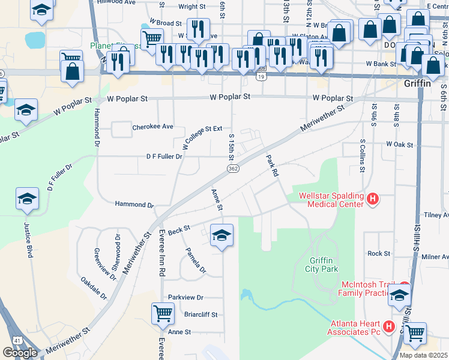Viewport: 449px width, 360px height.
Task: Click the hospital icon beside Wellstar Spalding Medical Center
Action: (x=372, y=199)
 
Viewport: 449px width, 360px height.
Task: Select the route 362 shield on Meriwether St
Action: (x=234, y=169)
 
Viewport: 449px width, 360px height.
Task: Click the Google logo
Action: (x=20, y=353)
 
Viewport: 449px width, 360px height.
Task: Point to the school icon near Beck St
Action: (x=221, y=235)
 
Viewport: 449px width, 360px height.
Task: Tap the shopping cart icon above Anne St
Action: (x=163, y=313)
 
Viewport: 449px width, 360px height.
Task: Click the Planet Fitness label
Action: (x=114, y=46)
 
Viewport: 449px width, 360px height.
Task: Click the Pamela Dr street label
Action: (x=195, y=262)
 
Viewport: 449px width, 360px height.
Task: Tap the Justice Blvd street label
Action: (x=27, y=240)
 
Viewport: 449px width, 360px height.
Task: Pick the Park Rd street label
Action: (x=273, y=166)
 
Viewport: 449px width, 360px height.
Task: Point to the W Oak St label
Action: (x=400, y=144)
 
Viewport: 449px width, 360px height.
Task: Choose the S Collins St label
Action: (x=363, y=155)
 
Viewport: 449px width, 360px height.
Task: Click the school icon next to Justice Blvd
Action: (x=27, y=199)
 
